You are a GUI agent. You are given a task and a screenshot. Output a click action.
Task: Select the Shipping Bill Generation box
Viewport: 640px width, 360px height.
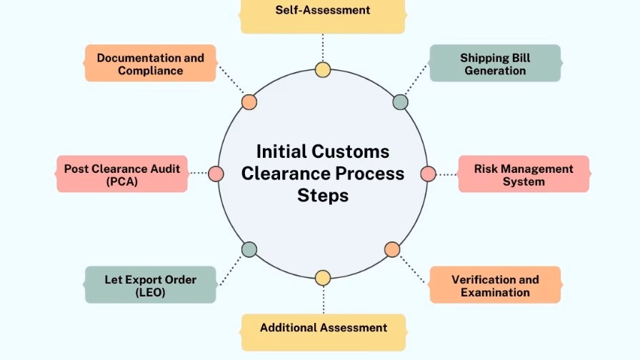[495, 64]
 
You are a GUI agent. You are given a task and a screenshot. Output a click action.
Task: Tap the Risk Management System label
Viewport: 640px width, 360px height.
[524, 174]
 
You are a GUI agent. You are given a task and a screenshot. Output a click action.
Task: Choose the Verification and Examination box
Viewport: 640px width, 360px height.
[495, 285]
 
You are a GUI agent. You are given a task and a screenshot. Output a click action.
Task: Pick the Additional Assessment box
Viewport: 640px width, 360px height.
[323, 329]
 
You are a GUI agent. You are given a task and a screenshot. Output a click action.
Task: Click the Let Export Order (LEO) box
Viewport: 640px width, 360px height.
[150, 285]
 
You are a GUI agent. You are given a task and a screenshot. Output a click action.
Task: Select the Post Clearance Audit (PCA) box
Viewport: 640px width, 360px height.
[122, 174]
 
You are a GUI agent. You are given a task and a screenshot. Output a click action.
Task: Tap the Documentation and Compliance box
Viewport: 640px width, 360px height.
[150, 64]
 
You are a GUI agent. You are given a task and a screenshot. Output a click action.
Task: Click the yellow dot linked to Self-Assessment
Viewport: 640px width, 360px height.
[323, 69]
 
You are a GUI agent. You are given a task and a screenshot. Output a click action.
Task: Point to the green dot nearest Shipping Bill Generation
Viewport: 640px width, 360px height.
[401, 102]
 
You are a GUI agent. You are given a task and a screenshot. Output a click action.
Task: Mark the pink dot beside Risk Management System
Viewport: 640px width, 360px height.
[428, 174]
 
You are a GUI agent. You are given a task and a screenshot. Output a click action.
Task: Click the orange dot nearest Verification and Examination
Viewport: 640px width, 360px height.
[392, 249]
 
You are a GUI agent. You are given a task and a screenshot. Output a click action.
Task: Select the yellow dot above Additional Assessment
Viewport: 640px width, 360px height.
[323, 278]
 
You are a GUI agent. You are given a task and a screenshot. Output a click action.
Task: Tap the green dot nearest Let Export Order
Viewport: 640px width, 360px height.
[249, 249]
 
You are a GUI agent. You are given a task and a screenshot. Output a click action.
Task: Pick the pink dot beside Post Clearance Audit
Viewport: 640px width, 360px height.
[216, 174]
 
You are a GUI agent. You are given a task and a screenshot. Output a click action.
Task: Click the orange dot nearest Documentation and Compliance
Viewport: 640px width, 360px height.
[249, 102]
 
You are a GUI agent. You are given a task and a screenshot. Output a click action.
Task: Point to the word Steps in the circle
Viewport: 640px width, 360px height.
[323, 195]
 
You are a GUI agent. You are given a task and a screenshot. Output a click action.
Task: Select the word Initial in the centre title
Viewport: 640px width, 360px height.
[281, 151]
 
